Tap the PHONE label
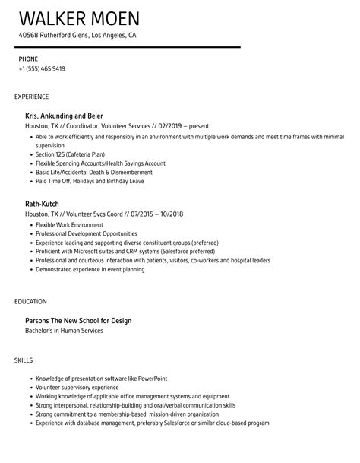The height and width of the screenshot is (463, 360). point(28,59)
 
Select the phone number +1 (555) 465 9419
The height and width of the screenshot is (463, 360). point(42,68)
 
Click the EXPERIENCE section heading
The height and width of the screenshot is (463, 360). point(32,97)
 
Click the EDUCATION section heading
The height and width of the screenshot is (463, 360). point(30,301)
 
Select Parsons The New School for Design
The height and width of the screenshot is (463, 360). point(78,320)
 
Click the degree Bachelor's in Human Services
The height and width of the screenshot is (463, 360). point(65,331)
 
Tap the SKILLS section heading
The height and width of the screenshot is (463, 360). point(24,360)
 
